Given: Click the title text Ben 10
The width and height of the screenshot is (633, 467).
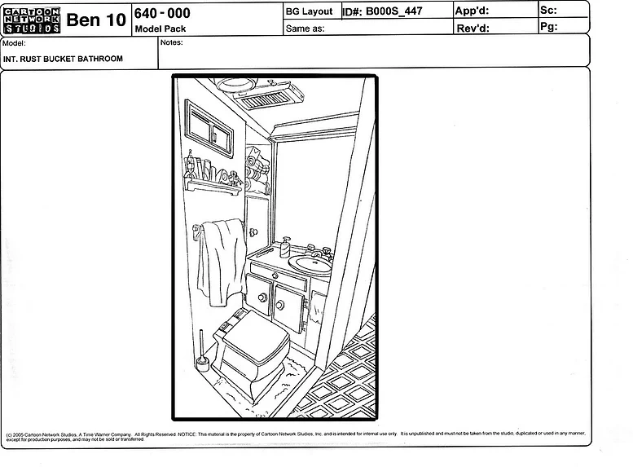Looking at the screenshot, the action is (95, 21).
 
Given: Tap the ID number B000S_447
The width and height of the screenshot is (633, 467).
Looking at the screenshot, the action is (394, 11).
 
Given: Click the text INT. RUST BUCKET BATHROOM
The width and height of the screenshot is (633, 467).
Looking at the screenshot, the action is (63, 59).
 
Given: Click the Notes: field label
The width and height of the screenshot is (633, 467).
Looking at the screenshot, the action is (172, 42).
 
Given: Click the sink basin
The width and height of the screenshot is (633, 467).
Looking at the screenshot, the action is (314, 263).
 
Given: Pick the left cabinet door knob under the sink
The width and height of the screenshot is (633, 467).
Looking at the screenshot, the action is (262, 298).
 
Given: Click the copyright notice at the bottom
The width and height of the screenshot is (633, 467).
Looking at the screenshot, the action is (293, 437).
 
